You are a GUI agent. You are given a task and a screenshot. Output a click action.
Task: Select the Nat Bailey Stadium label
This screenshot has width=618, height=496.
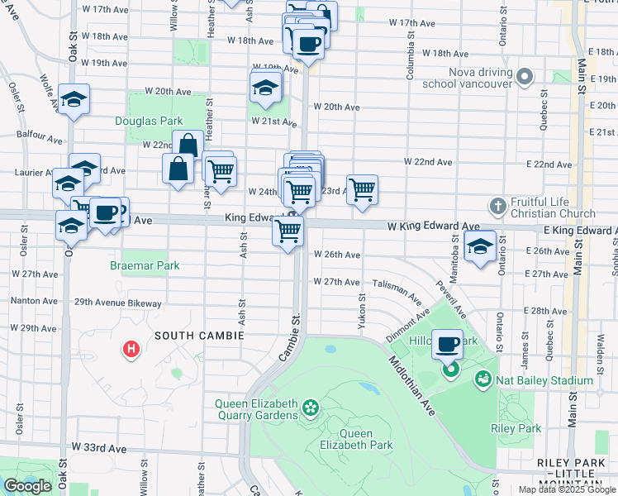[544, 380]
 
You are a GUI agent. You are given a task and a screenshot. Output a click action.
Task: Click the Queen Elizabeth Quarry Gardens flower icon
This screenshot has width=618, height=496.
[311, 408]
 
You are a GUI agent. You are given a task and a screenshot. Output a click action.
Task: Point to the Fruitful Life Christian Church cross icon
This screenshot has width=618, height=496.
[497, 205]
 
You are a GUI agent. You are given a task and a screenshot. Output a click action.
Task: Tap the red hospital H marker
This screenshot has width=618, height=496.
[131, 350]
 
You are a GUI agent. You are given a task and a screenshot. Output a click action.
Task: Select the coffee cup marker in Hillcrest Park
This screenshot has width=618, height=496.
[449, 344]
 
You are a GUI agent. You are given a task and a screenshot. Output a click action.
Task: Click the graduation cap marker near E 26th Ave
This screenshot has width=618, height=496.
[479, 246]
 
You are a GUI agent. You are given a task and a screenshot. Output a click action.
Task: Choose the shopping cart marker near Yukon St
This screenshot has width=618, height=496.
[362, 189]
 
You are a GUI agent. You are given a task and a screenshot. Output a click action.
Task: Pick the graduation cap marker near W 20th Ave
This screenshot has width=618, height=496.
[265, 87]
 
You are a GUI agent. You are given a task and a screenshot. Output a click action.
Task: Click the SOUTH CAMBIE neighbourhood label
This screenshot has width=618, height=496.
[199, 336]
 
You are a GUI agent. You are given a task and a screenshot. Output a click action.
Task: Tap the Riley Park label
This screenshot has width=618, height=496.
[516, 429]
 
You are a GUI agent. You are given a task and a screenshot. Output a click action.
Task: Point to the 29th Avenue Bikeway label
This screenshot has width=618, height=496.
[117, 303]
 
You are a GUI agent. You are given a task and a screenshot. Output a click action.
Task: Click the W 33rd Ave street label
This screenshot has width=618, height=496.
[98, 447]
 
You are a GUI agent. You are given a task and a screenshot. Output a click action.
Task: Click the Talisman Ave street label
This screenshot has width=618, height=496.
[394, 283]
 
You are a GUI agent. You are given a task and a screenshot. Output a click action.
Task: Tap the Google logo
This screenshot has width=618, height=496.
[27, 486]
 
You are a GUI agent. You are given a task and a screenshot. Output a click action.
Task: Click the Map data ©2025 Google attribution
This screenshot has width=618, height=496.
[568, 489]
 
